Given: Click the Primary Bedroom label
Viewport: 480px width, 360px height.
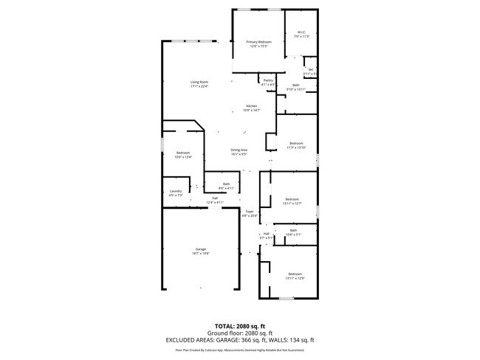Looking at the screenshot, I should (x=258, y=42).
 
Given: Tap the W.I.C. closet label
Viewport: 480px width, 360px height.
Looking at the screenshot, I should (x=301, y=32).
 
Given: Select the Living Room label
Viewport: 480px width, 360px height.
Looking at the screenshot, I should (x=199, y=82).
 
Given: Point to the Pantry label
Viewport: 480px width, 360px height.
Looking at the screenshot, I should (x=268, y=80).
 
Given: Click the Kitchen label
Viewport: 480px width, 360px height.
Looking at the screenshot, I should (x=252, y=106).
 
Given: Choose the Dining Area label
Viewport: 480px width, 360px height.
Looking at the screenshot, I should (x=239, y=150).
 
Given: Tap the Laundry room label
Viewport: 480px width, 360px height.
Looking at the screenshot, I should (x=176, y=191).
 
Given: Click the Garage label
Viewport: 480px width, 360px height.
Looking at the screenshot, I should (x=201, y=249).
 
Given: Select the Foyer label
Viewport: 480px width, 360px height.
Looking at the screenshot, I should (x=250, y=212).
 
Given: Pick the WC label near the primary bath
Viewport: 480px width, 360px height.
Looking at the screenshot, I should (x=311, y=70).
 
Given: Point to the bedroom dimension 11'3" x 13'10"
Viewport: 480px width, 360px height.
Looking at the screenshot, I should (x=296, y=148).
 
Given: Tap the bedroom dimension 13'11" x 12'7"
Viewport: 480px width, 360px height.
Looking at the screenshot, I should (x=293, y=203).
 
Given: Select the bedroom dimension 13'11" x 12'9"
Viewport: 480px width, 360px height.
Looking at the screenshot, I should (x=295, y=278).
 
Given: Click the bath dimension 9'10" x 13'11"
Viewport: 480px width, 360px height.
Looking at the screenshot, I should (x=296, y=89).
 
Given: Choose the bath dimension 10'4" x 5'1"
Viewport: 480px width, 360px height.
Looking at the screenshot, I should (x=293, y=235).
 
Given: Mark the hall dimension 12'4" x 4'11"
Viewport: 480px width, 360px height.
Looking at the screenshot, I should (x=215, y=201).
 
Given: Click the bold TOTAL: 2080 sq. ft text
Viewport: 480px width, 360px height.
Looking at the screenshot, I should (x=239, y=325).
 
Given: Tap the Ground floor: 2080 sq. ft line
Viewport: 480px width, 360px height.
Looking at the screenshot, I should (x=239, y=333).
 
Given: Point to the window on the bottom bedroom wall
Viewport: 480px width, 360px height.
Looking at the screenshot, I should (x=287, y=298).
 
